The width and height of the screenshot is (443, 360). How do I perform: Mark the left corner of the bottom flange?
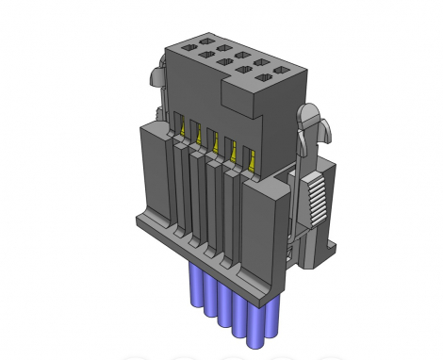140,223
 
